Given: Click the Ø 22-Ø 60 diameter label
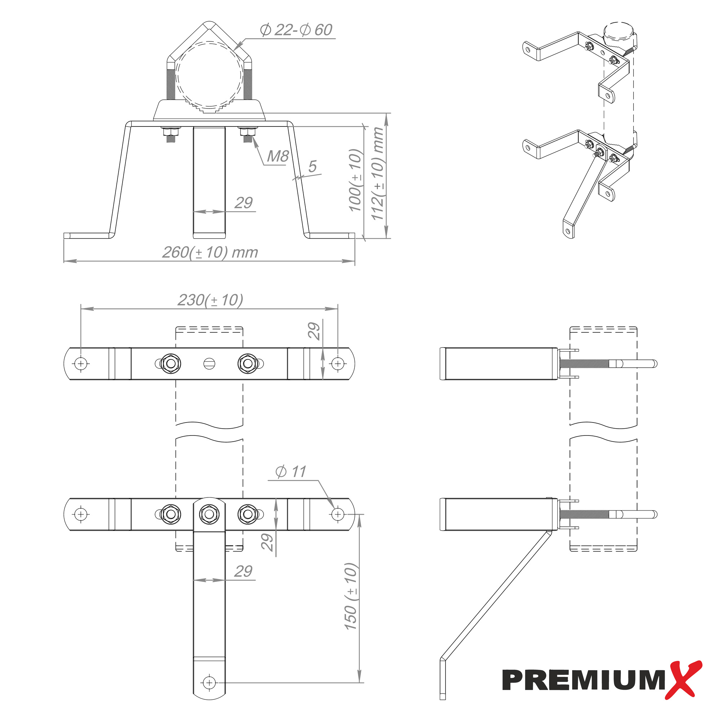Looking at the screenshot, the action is pos(296,30).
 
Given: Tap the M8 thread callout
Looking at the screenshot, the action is pos(278,156).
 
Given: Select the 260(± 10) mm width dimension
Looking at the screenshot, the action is pos(210,253).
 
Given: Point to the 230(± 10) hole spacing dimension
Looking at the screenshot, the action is pos(211,300).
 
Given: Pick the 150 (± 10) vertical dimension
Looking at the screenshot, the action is pos(351,597).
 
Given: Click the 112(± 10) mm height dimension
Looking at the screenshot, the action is pos(378,174).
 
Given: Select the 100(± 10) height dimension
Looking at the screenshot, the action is pos(355,180).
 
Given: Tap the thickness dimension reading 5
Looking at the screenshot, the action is pos(312,167).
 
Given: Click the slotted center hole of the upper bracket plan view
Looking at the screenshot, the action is pos(209,363).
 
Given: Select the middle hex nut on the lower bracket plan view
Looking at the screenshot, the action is pos(209,514).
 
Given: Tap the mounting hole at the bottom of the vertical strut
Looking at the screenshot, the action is pos(209,683).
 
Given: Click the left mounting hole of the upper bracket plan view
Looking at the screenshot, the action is pos(81,363).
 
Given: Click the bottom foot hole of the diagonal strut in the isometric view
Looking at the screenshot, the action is pos(568,231).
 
